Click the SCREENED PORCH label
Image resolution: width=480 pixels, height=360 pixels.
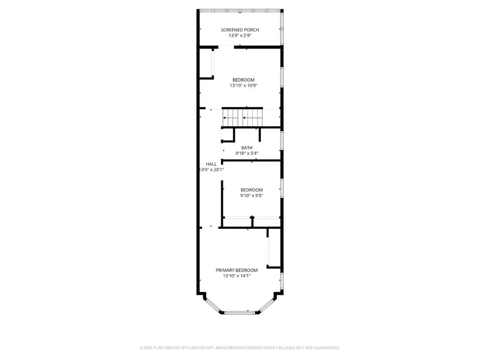coord(240,30)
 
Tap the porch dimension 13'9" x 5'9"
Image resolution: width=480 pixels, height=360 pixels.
coord(240,36)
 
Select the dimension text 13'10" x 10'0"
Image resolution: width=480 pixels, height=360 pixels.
coord(243,85)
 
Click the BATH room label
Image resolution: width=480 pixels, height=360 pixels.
coord(247,148)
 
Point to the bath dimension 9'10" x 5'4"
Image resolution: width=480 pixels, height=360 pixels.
coord(247,154)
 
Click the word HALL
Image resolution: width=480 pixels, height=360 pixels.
coord(211,164)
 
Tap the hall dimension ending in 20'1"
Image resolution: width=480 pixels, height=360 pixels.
coord(211,170)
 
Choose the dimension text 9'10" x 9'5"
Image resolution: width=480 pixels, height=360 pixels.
coord(251,196)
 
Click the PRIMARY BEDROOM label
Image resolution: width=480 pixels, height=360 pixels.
coord(236,270)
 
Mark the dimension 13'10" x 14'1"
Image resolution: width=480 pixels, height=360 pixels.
coord(236,276)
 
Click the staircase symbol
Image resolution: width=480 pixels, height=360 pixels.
coord(243,117)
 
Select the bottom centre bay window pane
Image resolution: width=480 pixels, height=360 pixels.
coord(241,313)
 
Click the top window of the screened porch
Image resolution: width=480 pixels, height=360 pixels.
coord(240,10)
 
